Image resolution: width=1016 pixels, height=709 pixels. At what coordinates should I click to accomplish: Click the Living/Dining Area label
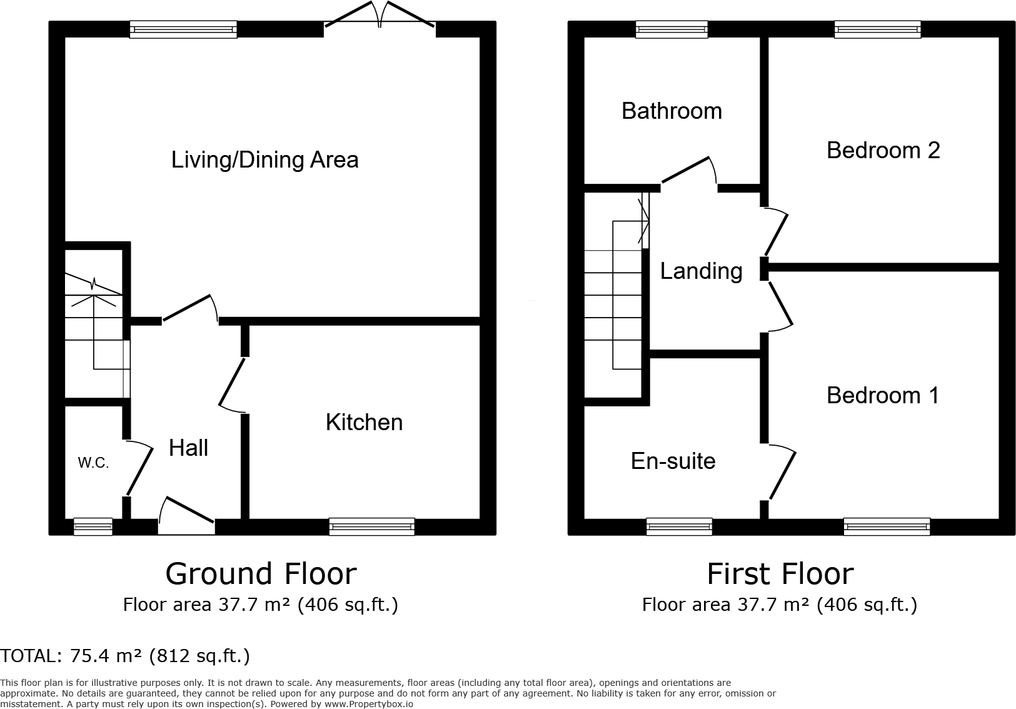point(264,160)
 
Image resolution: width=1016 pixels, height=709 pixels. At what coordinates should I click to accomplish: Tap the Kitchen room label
point(364,423)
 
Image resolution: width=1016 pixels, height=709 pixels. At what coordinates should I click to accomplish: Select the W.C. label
point(93,463)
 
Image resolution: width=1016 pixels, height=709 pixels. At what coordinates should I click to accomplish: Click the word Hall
point(188,448)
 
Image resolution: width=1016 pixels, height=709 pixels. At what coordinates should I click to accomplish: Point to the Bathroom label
point(671,111)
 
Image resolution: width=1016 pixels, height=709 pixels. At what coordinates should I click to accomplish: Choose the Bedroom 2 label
point(883,151)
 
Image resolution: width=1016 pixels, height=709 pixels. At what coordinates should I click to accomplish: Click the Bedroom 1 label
point(882,396)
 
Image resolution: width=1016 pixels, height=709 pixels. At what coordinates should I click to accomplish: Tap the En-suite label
point(673,461)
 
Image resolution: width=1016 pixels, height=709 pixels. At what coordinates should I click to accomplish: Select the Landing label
point(701,271)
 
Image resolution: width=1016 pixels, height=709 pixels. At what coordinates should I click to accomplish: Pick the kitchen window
point(371,527)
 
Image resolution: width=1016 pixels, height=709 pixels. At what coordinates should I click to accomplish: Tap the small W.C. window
point(93,527)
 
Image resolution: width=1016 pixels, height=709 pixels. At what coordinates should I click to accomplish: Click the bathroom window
point(671,29)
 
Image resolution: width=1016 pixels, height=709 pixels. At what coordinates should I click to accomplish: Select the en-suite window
point(679,527)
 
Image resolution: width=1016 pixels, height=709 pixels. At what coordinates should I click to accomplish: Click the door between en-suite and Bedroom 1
point(780,472)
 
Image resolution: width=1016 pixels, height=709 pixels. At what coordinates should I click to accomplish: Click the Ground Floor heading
point(261,574)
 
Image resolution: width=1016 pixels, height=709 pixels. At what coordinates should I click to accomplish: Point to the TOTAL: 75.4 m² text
point(125,656)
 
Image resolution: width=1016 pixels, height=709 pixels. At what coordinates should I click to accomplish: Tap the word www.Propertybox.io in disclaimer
point(369,704)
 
